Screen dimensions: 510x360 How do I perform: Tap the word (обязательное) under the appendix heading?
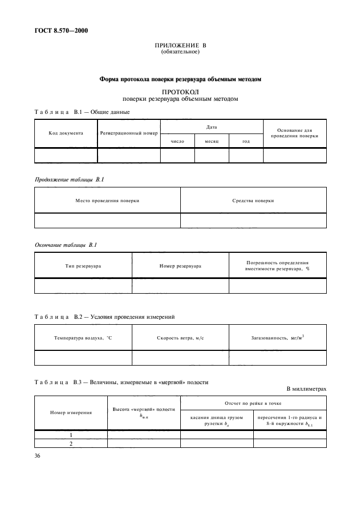[180, 52]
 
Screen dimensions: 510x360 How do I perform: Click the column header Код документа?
[66, 132]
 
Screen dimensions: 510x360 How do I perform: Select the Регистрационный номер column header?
[129, 132]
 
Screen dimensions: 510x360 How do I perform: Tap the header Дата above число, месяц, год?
[212, 126]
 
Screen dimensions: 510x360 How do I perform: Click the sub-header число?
[178, 141]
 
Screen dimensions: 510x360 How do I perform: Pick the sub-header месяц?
[212, 141]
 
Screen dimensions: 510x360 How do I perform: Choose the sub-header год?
[246, 141]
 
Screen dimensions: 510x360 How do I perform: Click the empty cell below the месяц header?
[212, 155]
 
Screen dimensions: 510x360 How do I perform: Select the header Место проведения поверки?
[107, 201]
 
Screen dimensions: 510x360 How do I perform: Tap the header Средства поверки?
[253, 201]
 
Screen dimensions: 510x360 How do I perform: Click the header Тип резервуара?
[83, 266]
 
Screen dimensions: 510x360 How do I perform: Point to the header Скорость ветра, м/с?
[180, 338]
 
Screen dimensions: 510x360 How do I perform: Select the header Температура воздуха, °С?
[83, 338]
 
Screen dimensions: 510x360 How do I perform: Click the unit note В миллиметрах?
[306, 389]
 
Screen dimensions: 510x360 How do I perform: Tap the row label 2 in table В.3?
[71, 444]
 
